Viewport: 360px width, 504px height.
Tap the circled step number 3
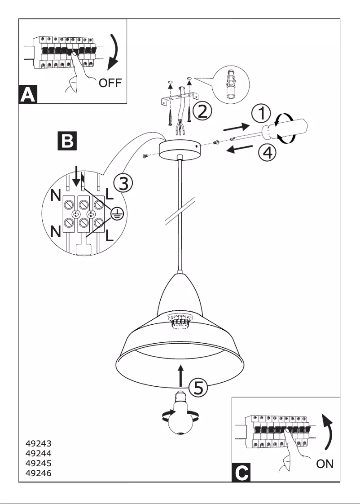[123, 183]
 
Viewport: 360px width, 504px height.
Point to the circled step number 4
[267, 153]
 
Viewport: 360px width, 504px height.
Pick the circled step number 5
[198, 388]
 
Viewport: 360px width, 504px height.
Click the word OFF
[110, 84]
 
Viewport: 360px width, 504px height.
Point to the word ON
[325, 464]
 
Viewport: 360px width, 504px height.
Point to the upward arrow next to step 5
[180, 376]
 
